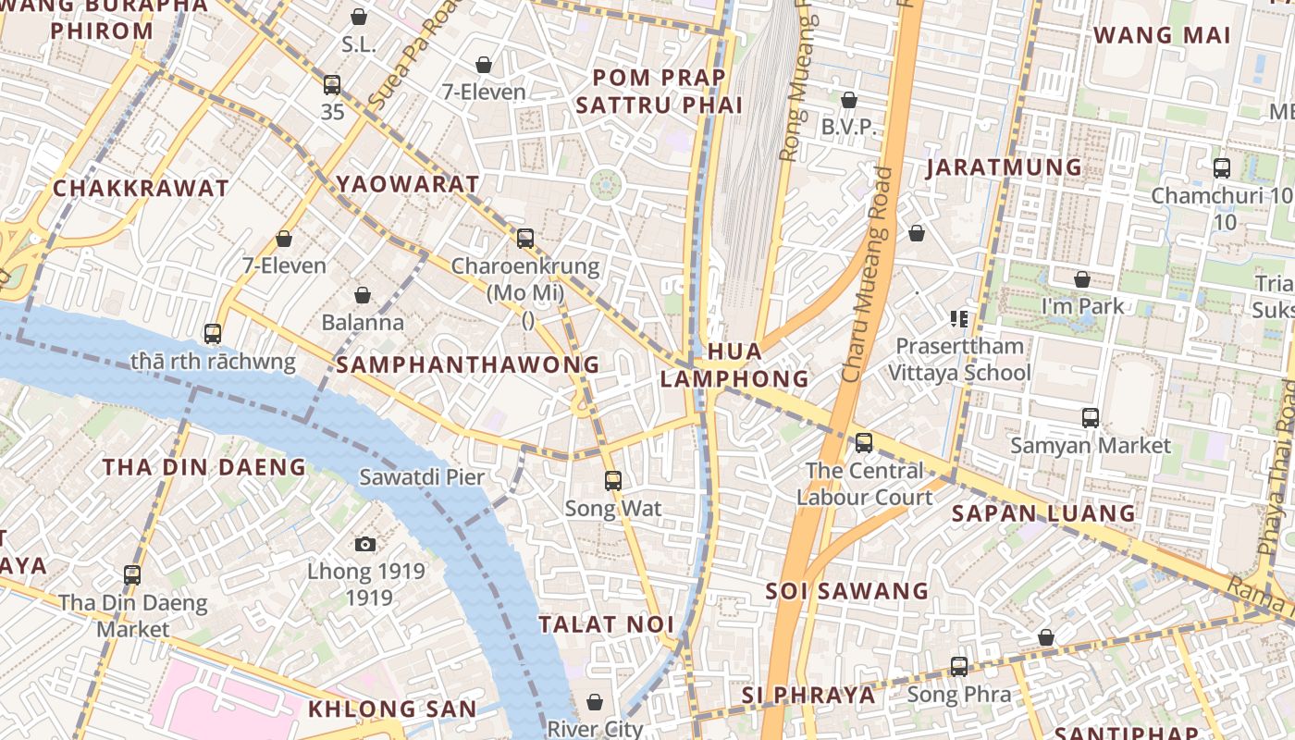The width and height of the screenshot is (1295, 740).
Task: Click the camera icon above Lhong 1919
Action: pyautogui.click(x=365, y=544)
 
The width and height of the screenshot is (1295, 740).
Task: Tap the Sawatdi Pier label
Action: pyautogui.click(x=422, y=477)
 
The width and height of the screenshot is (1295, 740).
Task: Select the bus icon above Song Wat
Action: pyautogui.click(x=612, y=481)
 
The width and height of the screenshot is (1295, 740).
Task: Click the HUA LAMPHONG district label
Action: pyautogui.click(x=734, y=365)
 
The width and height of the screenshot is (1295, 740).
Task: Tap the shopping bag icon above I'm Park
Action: pyautogui.click(x=1082, y=279)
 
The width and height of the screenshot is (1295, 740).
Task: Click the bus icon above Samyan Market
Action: pyautogui.click(x=1091, y=418)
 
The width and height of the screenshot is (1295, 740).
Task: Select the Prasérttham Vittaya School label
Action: pyautogui.click(x=959, y=360)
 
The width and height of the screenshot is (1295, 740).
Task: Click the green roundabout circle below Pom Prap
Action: pyautogui.click(x=606, y=185)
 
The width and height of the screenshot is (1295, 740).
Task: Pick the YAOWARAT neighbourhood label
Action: pyautogui.click(x=408, y=183)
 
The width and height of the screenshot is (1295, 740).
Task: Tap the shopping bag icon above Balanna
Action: pyautogui.click(x=363, y=295)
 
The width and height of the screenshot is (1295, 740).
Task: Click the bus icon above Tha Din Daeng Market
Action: pyautogui.click(x=132, y=575)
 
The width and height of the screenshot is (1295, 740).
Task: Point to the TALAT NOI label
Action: pyautogui.click(x=607, y=624)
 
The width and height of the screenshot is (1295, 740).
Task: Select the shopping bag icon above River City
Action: pyautogui.click(x=595, y=702)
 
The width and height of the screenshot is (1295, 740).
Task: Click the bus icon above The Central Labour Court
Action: pyautogui.click(x=864, y=443)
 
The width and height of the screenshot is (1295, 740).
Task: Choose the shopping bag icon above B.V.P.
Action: pyautogui.click(x=848, y=100)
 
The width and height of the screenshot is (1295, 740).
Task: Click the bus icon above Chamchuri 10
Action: pyautogui.click(x=1222, y=168)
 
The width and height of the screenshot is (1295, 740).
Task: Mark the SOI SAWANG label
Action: pyautogui.click(x=846, y=591)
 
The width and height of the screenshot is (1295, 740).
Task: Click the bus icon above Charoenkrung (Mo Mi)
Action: pyautogui.click(x=525, y=239)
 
